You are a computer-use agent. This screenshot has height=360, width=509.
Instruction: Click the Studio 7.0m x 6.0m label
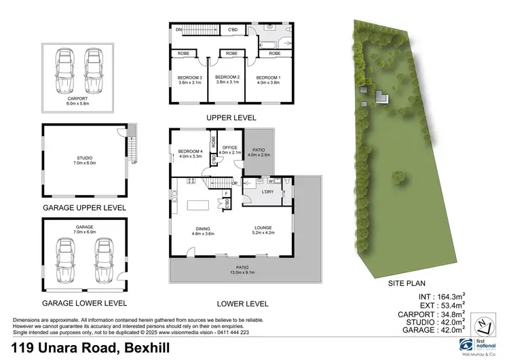pyautogui.click(x=83, y=160)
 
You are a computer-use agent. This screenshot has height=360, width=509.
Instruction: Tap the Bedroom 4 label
pyautogui.click(x=191, y=153)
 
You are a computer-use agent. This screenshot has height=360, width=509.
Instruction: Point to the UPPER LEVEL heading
pyautogui.click(x=231, y=118)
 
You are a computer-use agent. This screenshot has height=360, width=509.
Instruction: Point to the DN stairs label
pyautogui.click(x=178, y=31)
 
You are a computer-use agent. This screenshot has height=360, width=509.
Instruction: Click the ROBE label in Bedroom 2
pyautogui.click(x=231, y=53)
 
